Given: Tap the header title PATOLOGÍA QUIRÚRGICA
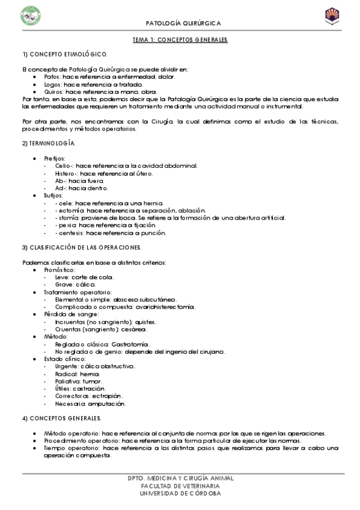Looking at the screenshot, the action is (x=183, y=23).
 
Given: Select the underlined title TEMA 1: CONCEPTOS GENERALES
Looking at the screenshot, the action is (x=180, y=40).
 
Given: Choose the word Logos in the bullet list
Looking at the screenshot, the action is (x=53, y=84).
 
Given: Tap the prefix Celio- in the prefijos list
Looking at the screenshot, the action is (x=64, y=165).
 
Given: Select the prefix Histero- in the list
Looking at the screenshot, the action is (x=66, y=173).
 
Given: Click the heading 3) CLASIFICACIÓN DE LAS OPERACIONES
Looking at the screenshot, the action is (x=82, y=247).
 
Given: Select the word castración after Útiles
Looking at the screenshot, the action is (x=89, y=389).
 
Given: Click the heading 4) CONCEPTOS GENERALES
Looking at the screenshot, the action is (x=62, y=418).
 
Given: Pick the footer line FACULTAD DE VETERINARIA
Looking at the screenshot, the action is (x=180, y=485).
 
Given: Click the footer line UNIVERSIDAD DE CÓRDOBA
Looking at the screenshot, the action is (x=180, y=493).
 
